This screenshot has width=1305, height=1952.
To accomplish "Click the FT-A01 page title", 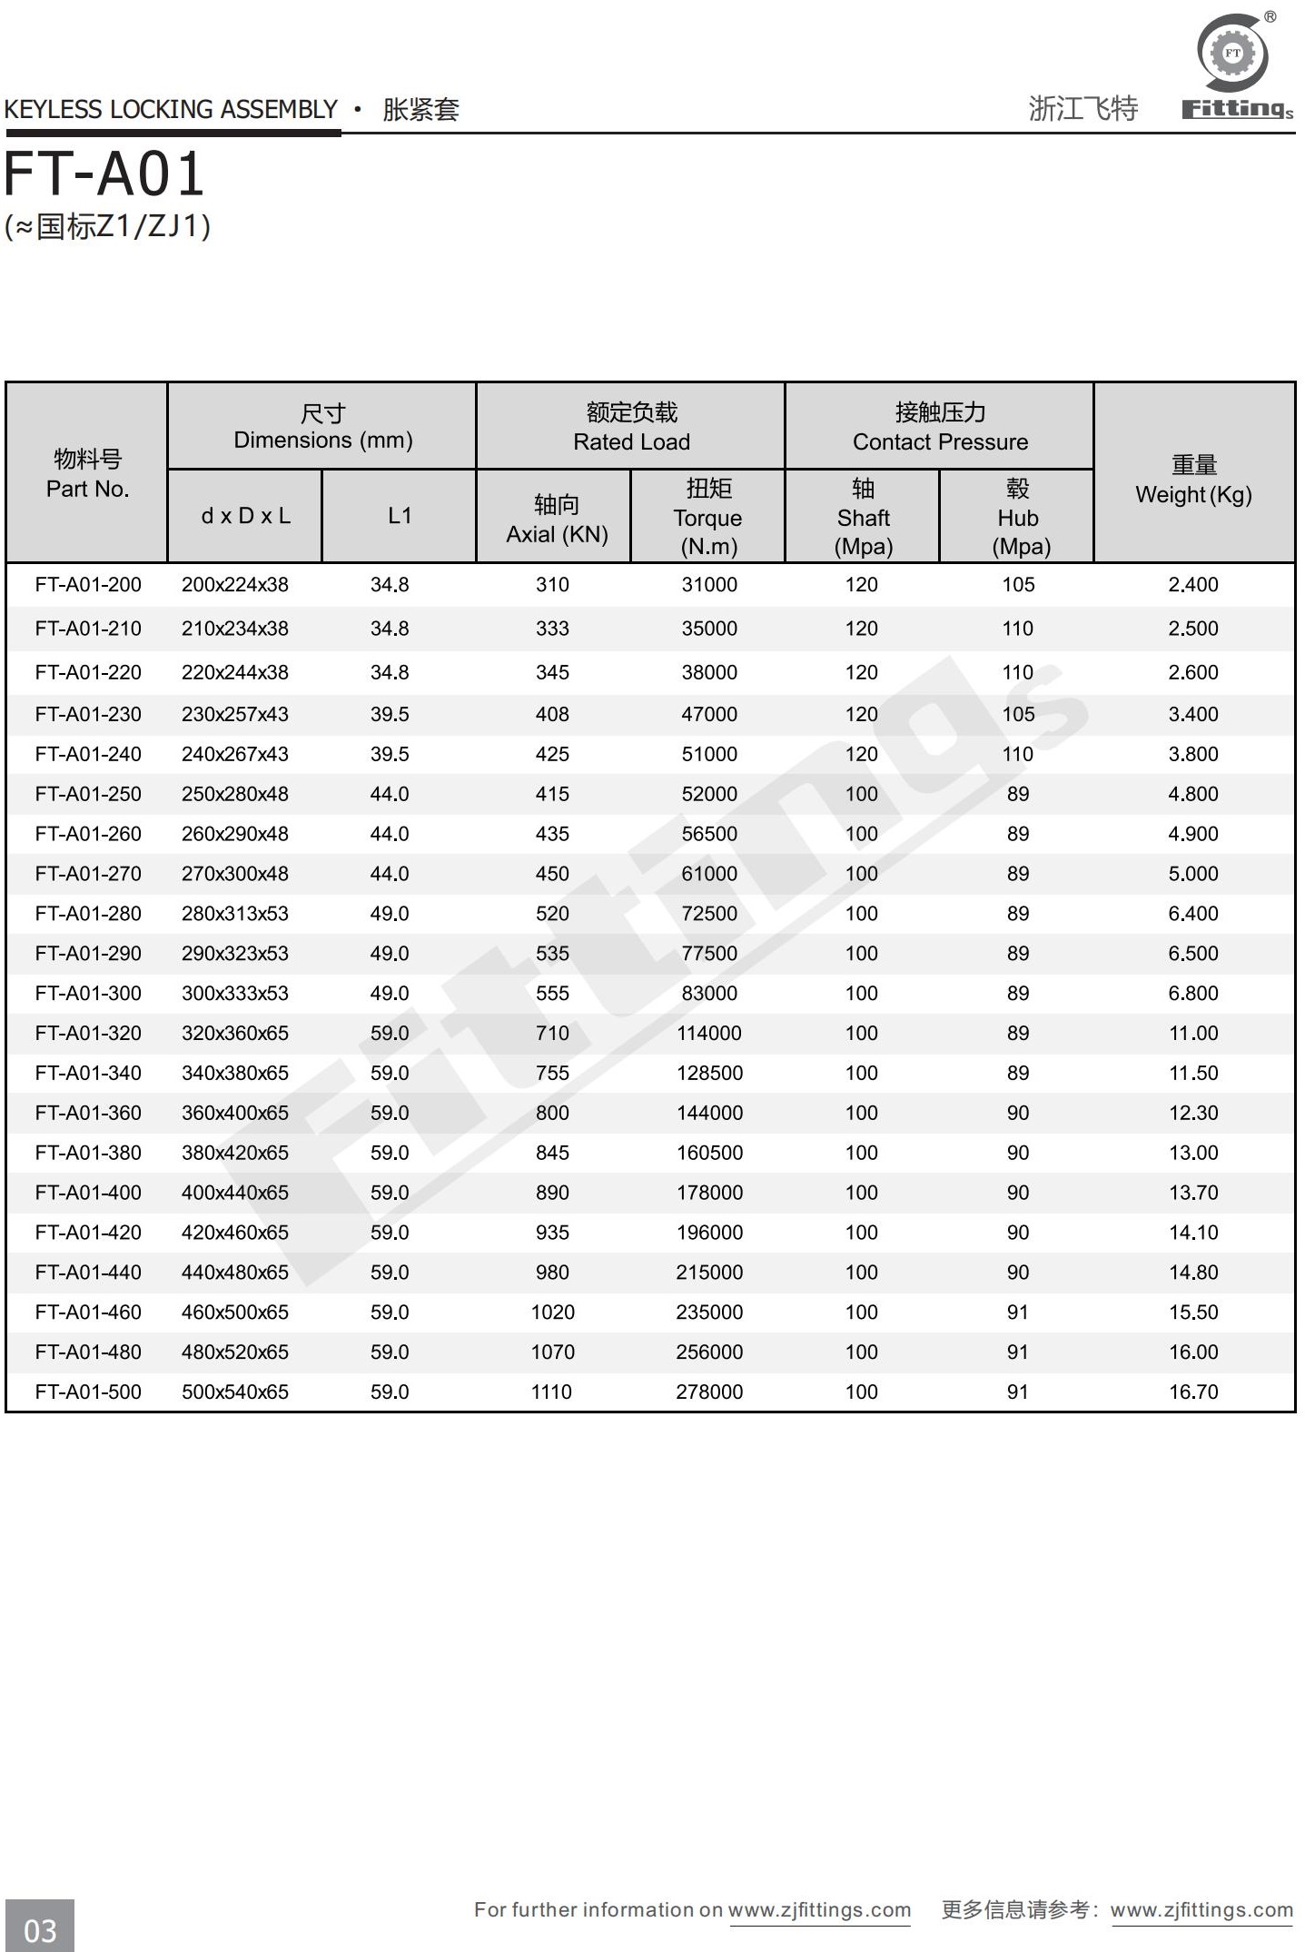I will [x=104, y=174].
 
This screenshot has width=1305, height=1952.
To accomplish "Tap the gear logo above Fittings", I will [x=1232, y=53].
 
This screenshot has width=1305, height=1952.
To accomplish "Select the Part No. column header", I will [x=87, y=473].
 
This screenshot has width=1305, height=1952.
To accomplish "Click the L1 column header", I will [x=400, y=516].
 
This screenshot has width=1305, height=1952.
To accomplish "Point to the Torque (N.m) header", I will [x=708, y=517].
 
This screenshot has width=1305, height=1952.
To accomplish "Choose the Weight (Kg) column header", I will [x=1193, y=481].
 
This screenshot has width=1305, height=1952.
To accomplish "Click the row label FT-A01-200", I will [x=88, y=585].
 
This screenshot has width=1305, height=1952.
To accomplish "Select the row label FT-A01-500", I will [x=88, y=1392].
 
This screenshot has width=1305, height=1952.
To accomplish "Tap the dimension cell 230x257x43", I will [x=235, y=715].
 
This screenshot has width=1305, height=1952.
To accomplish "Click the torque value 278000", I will [x=709, y=1392].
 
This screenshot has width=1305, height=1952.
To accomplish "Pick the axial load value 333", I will [x=552, y=629].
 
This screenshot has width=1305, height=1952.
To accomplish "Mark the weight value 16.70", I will [x=1193, y=1392].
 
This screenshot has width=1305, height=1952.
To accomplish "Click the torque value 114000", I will [x=709, y=1033].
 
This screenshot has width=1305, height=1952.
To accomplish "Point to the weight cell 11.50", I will [x=1193, y=1073].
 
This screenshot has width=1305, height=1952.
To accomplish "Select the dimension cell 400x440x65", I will [x=235, y=1193].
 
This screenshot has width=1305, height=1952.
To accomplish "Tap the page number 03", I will [x=40, y=1929].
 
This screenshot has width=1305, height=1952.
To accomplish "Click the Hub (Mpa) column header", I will [x=1018, y=517].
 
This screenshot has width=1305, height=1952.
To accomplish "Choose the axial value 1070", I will [x=552, y=1352].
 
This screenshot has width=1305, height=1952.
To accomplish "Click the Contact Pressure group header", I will [x=940, y=427].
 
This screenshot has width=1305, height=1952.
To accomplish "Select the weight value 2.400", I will [x=1193, y=585].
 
